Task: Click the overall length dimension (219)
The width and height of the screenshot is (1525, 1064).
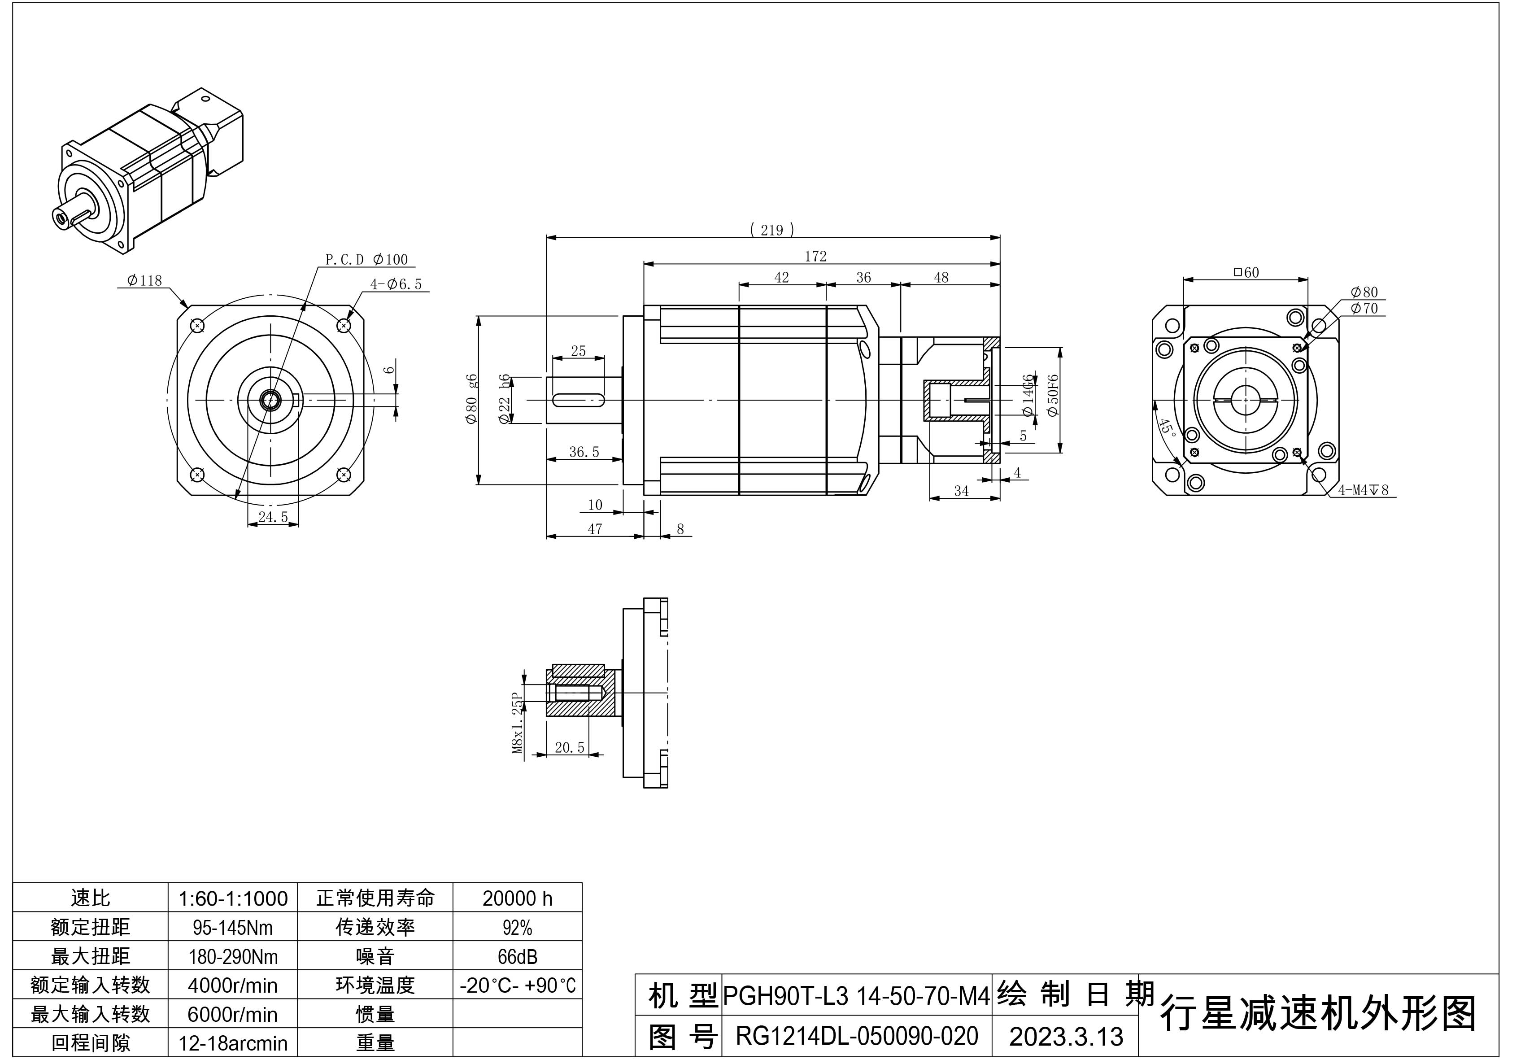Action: point(772,230)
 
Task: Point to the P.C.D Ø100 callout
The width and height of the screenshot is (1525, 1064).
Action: point(366,260)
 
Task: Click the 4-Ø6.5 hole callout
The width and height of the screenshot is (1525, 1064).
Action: point(396,284)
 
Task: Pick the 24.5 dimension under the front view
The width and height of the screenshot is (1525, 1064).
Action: point(273,517)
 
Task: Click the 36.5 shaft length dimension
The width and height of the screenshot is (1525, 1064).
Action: point(584,452)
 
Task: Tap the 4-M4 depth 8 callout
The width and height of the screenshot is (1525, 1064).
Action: point(1363,490)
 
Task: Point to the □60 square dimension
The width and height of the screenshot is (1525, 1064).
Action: point(1246,272)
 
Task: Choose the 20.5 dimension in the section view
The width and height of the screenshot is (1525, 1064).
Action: point(570,748)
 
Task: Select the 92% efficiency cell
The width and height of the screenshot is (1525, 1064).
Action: point(518,928)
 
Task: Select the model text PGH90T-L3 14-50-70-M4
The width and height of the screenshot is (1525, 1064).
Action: point(856,995)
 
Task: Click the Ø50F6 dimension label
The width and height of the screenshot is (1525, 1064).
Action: point(1053,396)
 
